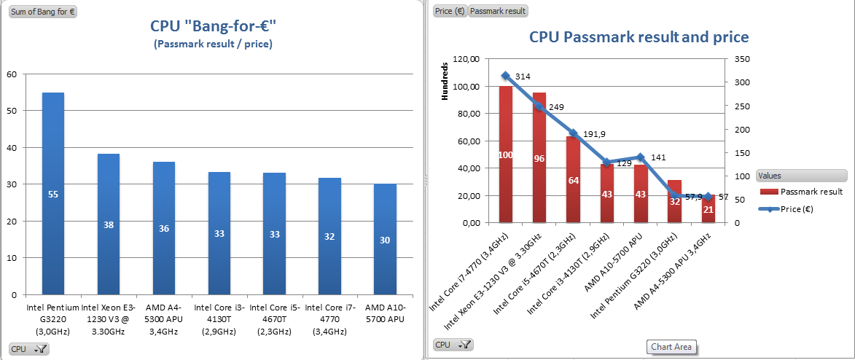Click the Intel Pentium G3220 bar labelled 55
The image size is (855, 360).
pos(53,193)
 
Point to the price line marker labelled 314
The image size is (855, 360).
pos(505,76)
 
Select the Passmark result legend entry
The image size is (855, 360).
pos(800,192)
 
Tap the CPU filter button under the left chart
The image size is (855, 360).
pos(29,349)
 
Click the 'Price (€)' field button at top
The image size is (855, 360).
pos(449,11)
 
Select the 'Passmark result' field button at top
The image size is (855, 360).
pos(498,11)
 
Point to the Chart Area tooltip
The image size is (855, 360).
pos(671,347)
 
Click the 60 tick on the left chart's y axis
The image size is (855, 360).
pos(10,74)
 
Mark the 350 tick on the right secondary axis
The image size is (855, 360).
pos(740,59)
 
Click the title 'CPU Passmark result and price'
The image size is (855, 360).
pos(639,36)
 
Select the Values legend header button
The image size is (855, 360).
pos(802,176)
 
